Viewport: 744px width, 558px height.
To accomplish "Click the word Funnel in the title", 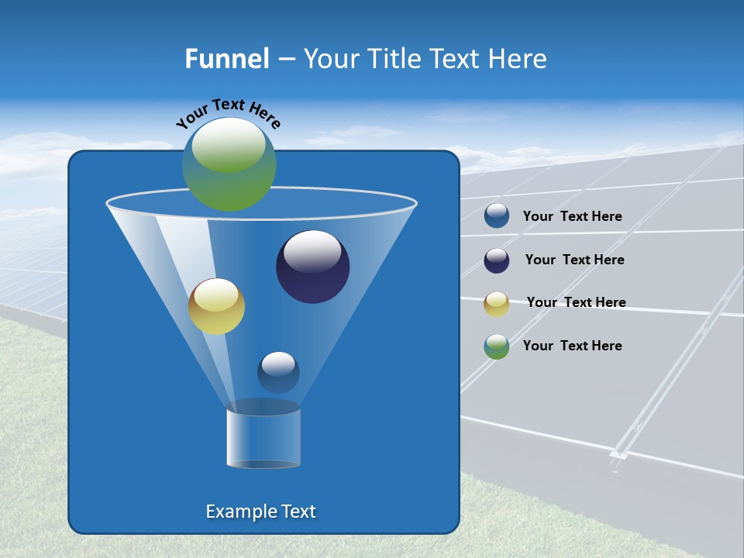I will pyautogui.click(x=227, y=59).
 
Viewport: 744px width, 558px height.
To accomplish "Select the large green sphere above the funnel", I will pyautogui.click(x=229, y=164).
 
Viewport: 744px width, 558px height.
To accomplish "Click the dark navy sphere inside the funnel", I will pyautogui.click(x=313, y=267).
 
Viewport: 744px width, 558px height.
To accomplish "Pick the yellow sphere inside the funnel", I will pyautogui.click(x=216, y=307).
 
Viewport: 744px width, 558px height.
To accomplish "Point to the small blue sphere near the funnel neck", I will pyautogui.click(x=278, y=372).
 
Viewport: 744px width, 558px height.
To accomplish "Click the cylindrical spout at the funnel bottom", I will pyautogui.click(x=263, y=438).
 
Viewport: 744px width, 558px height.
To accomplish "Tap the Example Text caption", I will pyautogui.click(x=260, y=511).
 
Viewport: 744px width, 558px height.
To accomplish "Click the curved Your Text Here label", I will pyautogui.click(x=228, y=112).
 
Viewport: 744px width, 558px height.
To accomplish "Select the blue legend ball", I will pyautogui.click(x=497, y=216).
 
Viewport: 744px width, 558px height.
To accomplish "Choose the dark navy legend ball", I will pyautogui.click(x=497, y=260).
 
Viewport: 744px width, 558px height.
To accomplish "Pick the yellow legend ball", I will pyautogui.click(x=497, y=304).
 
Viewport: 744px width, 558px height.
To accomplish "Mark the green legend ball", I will pyautogui.click(x=497, y=346).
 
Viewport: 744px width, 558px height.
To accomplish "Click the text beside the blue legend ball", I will pyautogui.click(x=572, y=217).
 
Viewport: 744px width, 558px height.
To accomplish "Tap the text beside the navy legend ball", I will pyautogui.click(x=574, y=260).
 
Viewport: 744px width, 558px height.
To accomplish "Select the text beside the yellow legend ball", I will pyautogui.click(x=576, y=303).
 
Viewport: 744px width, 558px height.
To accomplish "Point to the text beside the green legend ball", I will pyautogui.click(x=572, y=346).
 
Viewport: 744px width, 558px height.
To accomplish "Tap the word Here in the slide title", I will pyautogui.click(x=518, y=59).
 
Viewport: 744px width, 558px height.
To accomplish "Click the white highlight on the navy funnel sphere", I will pyautogui.click(x=312, y=252).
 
